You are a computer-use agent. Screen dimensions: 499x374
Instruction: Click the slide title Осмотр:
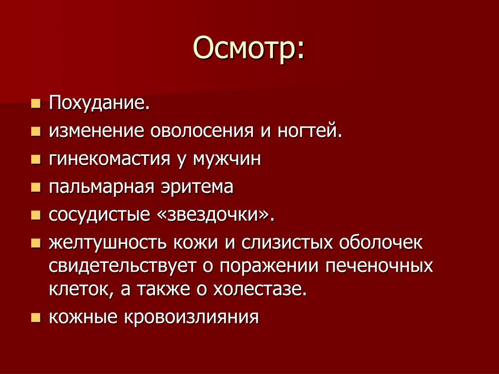click(249, 48)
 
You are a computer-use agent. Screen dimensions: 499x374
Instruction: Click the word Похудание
click(99, 103)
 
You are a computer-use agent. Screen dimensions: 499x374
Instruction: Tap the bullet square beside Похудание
click(36, 103)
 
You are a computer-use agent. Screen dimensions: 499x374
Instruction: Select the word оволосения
click(202, 131)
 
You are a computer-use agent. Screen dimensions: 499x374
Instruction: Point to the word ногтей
click(309, 131)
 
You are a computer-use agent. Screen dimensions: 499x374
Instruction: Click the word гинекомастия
click(110, 159)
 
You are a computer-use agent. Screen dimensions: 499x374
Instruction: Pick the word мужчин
click(227, 159)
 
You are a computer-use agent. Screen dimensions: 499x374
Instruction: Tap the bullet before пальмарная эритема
click(36, 187)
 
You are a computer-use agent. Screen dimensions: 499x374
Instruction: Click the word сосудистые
click(99, 215)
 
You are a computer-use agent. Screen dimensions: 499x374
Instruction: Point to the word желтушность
click(108, 243)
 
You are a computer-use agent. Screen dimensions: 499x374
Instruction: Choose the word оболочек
click(381, 243)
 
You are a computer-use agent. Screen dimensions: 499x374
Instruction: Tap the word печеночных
click(379, 266)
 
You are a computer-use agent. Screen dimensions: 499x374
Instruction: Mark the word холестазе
click(260, 289)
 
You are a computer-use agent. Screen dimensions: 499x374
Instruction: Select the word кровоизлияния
click(191, 318)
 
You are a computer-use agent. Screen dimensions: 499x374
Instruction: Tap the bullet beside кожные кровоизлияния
click(36, 318)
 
